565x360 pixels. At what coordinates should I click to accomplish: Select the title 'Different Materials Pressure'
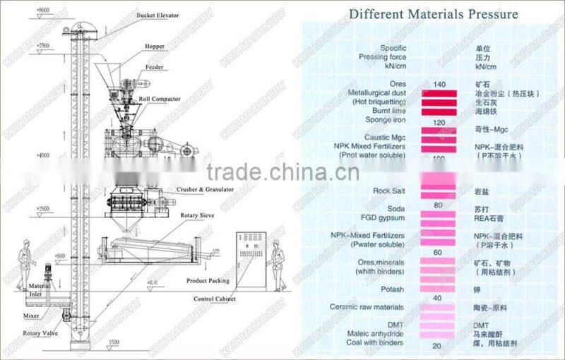[x=434, y=14]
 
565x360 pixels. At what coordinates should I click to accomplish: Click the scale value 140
[x=440, y=85]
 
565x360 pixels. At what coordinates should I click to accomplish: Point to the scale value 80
[x=438, y=205]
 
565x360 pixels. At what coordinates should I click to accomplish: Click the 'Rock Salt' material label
[x=388, y=191]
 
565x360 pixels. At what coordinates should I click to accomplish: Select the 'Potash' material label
[x=392, y=289]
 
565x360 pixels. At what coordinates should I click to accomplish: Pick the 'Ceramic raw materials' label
[x=367, y=307]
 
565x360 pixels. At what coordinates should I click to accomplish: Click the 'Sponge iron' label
[x=386, y=121]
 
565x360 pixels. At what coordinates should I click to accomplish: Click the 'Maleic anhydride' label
[x=375, y=333]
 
